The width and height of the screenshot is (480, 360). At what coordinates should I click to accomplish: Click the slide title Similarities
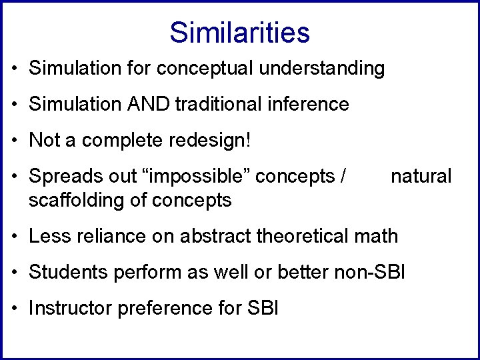point(239,32)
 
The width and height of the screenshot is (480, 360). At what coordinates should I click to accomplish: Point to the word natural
point(421,176)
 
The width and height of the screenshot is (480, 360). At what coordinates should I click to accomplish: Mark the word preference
point(166,307)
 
